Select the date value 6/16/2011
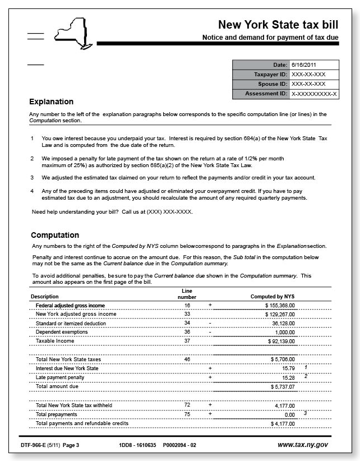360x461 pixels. tap(303, 65)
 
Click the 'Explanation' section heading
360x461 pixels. tap(51, 102)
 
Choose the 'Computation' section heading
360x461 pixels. tap(55, 235)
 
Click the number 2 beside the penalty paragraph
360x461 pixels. tap(33, 159)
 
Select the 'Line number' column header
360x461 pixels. tap(187, 293)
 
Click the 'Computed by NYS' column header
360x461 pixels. tap(273, 296)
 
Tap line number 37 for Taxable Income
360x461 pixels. tap(187, 341)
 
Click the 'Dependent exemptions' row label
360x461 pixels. tap(62, 332)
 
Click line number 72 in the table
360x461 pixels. tap(187, 405)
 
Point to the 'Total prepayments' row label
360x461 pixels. tap(57, 414)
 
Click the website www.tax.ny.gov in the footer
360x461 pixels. tap(303, 445)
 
